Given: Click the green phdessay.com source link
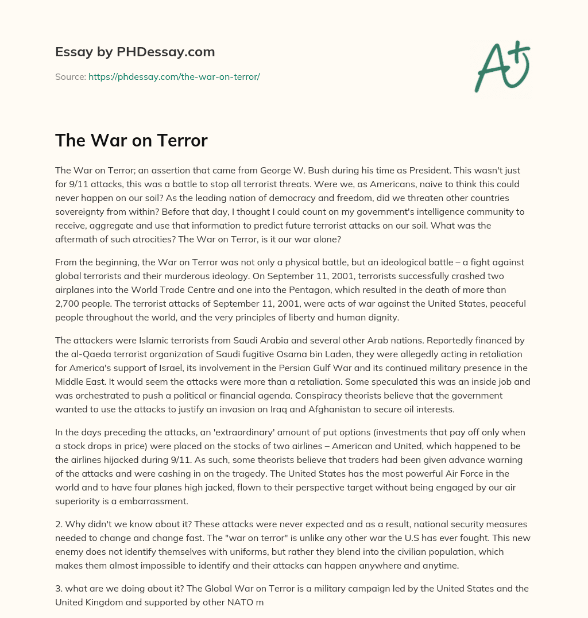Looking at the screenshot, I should (174, 76).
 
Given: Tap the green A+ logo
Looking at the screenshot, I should (501, 66).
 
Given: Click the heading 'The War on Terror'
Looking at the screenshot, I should (131, 141).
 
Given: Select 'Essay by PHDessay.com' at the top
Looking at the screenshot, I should (135, 52).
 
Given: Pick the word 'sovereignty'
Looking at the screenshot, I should (81, 212).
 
